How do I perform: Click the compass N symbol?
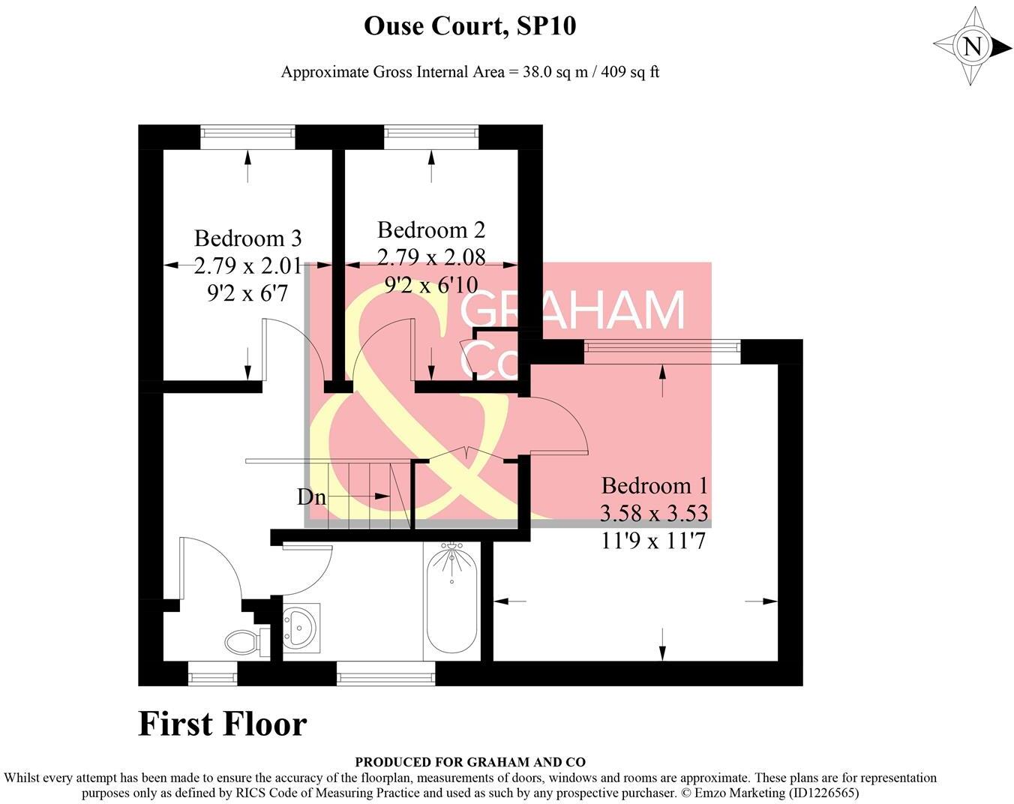click(x=972, y=46)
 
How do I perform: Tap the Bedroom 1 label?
click(x=654, y=485)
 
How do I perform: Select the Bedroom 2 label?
click(x=430, y=229)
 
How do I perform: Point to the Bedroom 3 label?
click(x=247, y=238)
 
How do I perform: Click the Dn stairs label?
click(x=312, y=496)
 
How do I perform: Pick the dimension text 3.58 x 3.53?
click(x=654, y=514)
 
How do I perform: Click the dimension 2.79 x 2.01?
click(x=247, y=265)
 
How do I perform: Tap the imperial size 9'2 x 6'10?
click(x=430, y=285)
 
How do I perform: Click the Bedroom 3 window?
click(x=247, y=135)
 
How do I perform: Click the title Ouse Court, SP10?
click(x=469, y=26)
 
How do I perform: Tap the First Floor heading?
click(x=223, y=724)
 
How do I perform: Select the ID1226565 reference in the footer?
click(x=821, y=792)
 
